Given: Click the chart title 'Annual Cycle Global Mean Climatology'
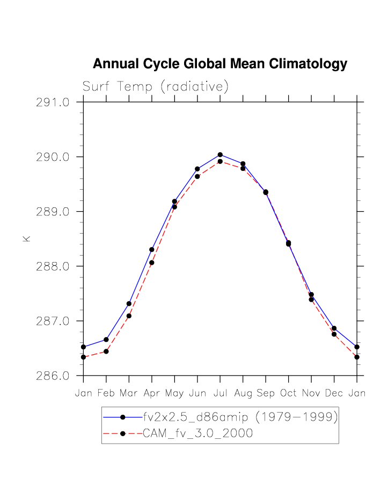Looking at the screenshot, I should coord(220,64).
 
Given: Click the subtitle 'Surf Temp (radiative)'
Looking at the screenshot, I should coord(156,87).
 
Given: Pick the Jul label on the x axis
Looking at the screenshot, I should coord(220,393).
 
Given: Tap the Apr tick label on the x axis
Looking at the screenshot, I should coord(152,393).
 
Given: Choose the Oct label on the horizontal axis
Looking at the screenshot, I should coord(289,393).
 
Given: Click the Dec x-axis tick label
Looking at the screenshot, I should coord(334,393).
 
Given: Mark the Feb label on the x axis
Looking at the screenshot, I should coord(106,393).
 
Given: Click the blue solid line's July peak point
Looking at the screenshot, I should coord(220,155).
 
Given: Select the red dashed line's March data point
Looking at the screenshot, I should coord(129,316).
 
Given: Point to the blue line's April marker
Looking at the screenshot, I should coord(152,250).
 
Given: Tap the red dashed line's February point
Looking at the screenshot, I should coord(106,352).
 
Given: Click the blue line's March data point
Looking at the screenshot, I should coord(129,304).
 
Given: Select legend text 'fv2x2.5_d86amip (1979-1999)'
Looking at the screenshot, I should coord(240,416).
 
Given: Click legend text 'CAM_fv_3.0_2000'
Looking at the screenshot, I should coord(197,434).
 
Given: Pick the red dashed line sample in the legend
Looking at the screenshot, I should coord(122,434).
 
